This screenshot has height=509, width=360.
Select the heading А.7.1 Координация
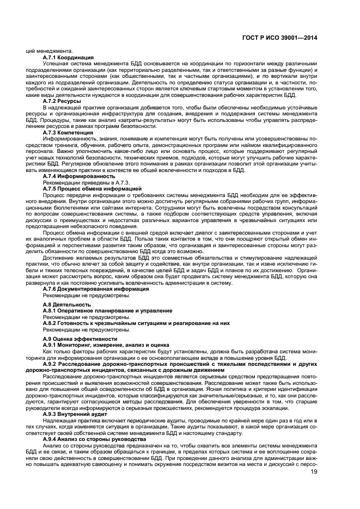68,58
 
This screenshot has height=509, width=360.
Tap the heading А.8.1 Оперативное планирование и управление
107,310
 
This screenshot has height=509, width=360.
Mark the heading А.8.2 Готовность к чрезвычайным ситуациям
136,323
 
